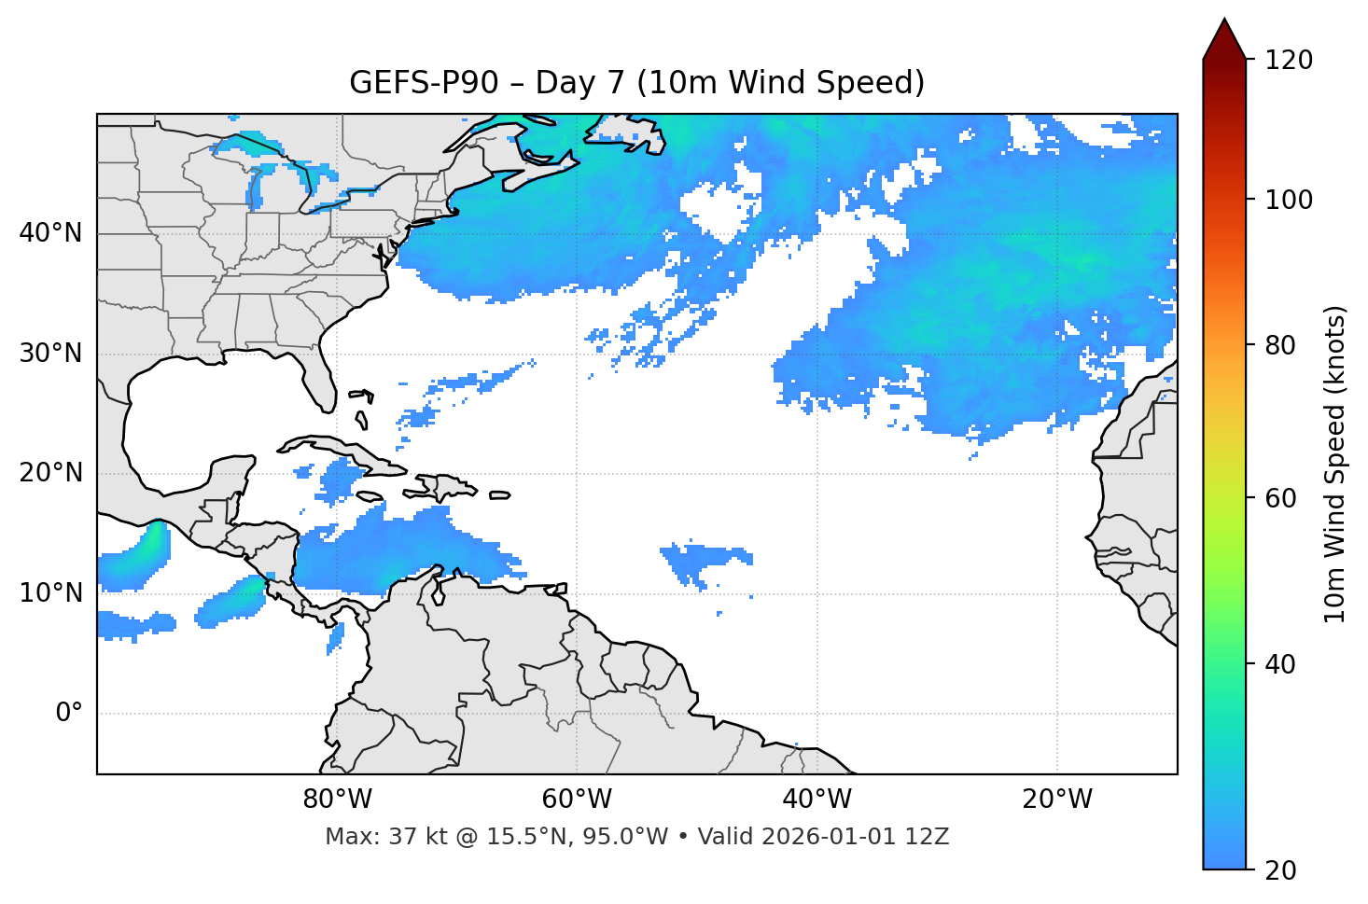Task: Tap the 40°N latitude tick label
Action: click(x=50, y=233)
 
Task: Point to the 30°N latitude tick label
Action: click(x=50, y=354)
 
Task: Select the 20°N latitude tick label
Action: click(x=50, y=473)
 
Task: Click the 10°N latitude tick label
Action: click(x=50, y=593)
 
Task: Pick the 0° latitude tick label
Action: click(x=68, y=714)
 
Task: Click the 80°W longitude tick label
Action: click(x=337, y=800)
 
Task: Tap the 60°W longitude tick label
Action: click(x=577, y=800)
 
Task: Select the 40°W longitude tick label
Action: click(x=817, y=800)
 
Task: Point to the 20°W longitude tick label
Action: click(x=1056, y=800)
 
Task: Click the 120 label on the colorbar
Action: click(x=1289, y=61)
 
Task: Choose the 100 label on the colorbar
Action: click(x=1289, y=200)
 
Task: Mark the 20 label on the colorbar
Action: click(x=1281, y=870)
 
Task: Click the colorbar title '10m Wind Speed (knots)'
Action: click(x=1335, y=464)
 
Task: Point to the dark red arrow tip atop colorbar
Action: click(x=1224, y=37)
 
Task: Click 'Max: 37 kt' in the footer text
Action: click(x=370, y=837)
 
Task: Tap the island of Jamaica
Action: click(x=370, y=496)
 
